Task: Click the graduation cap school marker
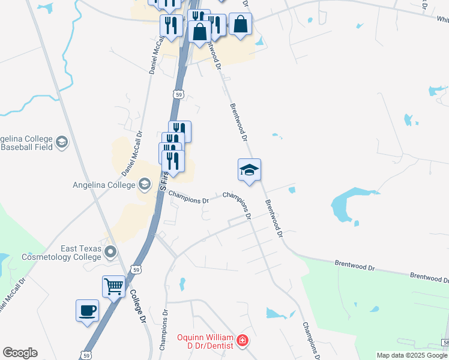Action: click(x=249, y=170)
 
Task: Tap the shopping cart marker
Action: click(x=113, y=286)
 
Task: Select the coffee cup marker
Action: click(x=87, y=311)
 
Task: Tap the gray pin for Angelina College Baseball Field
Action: click(x=61, y=142)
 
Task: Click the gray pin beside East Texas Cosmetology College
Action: click(x=110, y=251)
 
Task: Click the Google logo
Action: click(x=20, y=353)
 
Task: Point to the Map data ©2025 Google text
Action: click(x=412, y=355)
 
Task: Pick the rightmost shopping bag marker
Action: click(x=240, y=25)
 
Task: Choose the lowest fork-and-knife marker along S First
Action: click(x=173, y=161)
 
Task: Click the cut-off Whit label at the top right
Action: click(x=443, y=19)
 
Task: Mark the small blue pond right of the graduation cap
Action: click(x=292, y=190)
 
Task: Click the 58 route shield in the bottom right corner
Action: click(x=445, y=342)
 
